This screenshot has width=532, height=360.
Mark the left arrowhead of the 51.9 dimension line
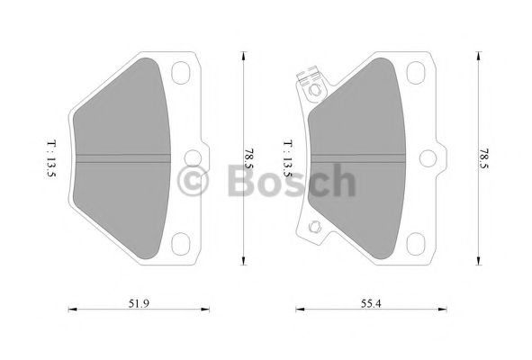pyautogui.click(x=74, y=310)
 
